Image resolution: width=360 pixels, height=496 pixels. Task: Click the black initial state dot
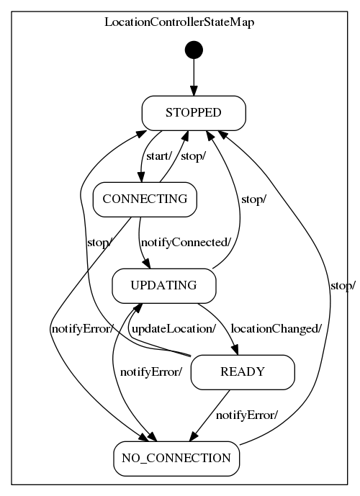coord(194,50)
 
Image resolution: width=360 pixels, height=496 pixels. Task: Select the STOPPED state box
coord(194,113)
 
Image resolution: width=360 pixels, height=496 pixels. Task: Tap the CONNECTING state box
coord(145,199)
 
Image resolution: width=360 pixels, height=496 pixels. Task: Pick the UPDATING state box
coord(164,285)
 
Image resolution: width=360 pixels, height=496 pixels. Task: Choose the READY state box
coord(243,371)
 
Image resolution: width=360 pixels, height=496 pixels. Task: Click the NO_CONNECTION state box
coord(176,458)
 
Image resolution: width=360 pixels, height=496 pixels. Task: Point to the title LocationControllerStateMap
coord(179,22)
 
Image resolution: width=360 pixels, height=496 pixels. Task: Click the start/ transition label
coord(158,155)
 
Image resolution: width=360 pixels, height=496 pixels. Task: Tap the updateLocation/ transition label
coord(173,329)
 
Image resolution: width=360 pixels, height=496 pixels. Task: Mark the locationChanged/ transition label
coord(276,329)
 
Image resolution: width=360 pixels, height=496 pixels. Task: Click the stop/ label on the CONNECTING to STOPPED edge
coord(192,155)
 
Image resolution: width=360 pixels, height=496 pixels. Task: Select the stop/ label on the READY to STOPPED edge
coord(99,243)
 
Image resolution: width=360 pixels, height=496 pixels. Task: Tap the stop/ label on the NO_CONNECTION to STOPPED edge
coord(342,286)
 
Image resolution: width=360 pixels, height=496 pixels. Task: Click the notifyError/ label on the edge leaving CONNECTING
coord(82,329)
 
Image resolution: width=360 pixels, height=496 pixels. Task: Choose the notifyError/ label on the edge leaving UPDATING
coord(150,372)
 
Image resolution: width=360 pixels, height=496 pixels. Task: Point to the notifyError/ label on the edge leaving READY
coord(247,415)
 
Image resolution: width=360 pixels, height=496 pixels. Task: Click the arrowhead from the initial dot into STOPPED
coord(194,92)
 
